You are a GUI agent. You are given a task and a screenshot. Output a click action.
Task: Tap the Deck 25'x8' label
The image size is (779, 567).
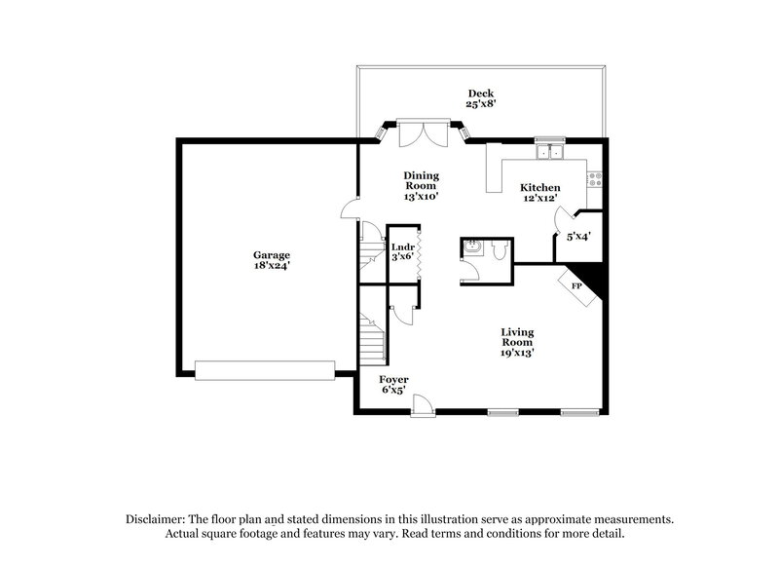[481, 98]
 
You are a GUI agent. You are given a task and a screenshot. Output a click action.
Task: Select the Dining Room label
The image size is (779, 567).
[422, 185]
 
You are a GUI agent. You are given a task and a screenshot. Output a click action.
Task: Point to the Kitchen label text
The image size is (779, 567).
[539, 188]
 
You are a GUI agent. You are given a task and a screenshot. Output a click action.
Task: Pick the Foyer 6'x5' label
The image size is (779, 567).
[393, 384]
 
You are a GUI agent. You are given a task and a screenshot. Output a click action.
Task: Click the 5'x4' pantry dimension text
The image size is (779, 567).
[578, 235]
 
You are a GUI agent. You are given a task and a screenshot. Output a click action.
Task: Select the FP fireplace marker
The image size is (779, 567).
[575, 286]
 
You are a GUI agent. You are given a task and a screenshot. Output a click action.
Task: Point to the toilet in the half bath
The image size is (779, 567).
[498, 251]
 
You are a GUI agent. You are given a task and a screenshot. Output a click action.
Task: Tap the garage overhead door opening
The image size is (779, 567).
[265, 369]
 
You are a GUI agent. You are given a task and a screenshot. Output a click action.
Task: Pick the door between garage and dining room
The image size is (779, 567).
[351, 208]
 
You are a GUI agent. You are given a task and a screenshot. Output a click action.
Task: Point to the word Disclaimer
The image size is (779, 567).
[159, 519]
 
